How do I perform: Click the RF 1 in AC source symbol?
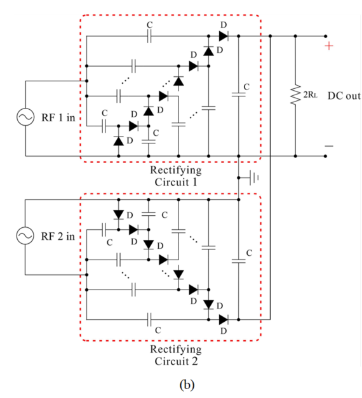[25, 117]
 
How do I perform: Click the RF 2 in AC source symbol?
[25, 235]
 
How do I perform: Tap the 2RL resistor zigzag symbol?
[295, 95]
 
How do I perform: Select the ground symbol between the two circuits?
[254, 178]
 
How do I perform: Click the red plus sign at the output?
[329, 46]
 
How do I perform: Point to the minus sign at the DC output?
[329, 146]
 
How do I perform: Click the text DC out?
[344, 96]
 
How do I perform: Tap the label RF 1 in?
[58, 117]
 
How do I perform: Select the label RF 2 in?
[58, 236]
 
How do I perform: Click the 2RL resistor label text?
[310, 95]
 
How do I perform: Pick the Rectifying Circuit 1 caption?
[176, 176]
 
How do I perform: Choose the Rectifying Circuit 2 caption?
[176, 355]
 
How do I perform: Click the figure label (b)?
[187, 385]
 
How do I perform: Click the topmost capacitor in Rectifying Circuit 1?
[149, 36]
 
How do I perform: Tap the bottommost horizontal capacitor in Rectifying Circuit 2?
[149, 319]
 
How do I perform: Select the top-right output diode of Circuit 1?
[224, 36]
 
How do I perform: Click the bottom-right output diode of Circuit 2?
[224, 319]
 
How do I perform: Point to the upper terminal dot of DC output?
[325, 36]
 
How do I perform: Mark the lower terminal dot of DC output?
[325, 156]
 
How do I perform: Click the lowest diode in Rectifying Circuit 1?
[118, 141]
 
